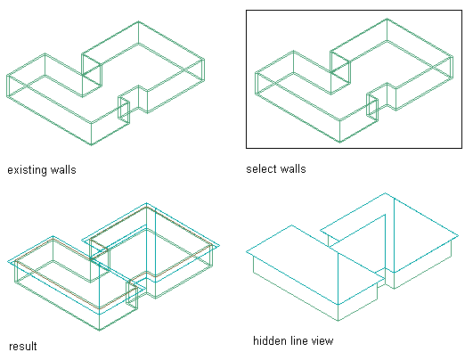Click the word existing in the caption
pos(28,170)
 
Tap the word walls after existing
pos(63,169)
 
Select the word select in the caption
pos(260,168)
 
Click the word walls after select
pos(293,168)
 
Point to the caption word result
pos(23,346)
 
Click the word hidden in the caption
pos(270,341)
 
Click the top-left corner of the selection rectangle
pos(247,11)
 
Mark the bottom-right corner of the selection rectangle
pos(461,148)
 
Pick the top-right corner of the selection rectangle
pos(461,11)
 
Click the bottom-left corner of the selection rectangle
pos(247,148)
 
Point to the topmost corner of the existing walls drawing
pos(138,21)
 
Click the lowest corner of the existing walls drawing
pos(92,145)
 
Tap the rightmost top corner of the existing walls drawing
pos(204,59)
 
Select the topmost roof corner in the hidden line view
pos(385,192)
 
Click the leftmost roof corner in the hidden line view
pos(247,251)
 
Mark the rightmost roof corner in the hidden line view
pos(458,235)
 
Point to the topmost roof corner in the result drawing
pos(147,203)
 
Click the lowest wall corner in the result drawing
pos(100,330)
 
